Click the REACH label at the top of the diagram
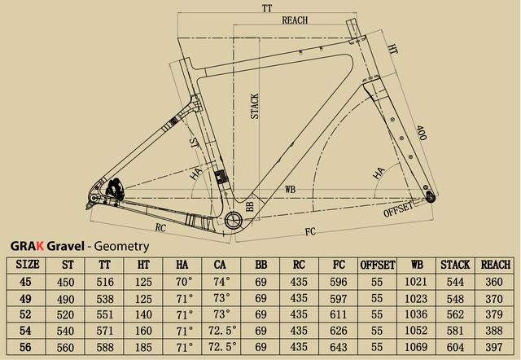tap(295, 20)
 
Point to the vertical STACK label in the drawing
tap(255, 106)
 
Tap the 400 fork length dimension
tap(422, 133)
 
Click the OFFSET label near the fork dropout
tap(398, 209)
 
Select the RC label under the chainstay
tap(160, 228)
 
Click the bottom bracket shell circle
tap(234, 220)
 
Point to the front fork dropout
tap(431, 197)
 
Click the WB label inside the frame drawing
tap(290, 190)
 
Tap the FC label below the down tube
tap(310, 231)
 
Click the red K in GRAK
tap(40, 246)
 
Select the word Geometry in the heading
tap(121, 247)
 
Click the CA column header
tap(220, 265)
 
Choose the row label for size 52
tap(25, 314)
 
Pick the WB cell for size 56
tap(416, 347)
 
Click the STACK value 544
tap(455, 282)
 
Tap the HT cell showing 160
tap(143, 331)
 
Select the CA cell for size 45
tap(221, 282)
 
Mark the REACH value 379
tap(494, 314)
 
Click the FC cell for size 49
tap(339, 298)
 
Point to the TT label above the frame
tap(267, 8)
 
